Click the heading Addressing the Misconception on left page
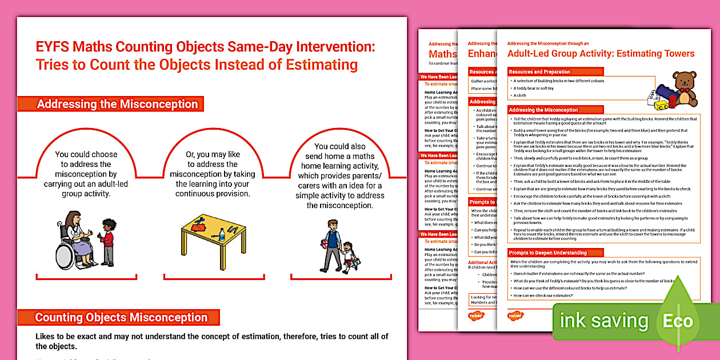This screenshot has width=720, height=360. pos(117,104)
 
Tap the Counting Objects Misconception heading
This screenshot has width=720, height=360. pos(121,317)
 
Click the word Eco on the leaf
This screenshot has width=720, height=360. pos(677,321)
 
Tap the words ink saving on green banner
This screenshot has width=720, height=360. pos(604,321)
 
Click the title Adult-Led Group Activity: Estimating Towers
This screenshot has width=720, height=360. pos(601,54)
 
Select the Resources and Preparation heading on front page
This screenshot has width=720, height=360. pos(540,72)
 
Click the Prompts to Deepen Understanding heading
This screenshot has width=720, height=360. pos(547,253)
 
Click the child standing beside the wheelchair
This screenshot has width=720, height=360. pos(107,242)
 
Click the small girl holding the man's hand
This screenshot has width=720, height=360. pos(347,256)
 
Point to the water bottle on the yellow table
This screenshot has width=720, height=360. pos(222,234)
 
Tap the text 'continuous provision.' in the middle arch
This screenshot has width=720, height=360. pos(212,194)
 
